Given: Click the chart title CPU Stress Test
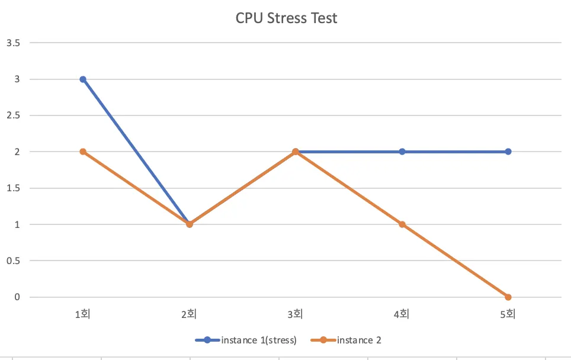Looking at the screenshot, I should pyautogui.click(x=286, y=18).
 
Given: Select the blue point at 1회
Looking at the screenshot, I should pyautogui.click(x=83, y=79).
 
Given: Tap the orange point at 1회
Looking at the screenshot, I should pyautogui.click(x=83, y=152).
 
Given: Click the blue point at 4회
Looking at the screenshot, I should pyautogui.click(x=402, y=152).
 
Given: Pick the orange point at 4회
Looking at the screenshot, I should pyautogui.click(x=402, y=224).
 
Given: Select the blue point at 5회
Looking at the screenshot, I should pyautogui.click(x=508, y=152).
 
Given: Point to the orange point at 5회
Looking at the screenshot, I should pyautogui.click(x=508, y=297).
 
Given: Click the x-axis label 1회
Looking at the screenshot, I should pyautogui.click(x=83, y=314).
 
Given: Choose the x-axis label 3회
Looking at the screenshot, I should pyautogui.click(x=296, y=314).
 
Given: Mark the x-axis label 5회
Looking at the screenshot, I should pyautogui.click(x=508, y=314).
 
